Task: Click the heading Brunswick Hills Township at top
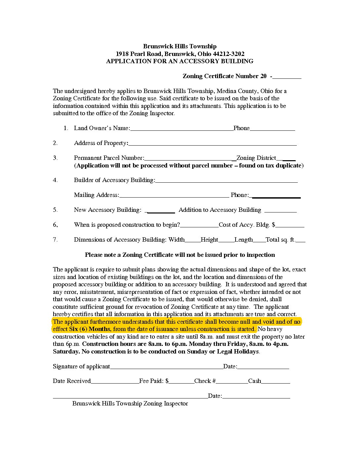pos(180,46)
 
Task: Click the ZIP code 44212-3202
pos(229,54)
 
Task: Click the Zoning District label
pos(256,158)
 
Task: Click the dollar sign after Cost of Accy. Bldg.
pos(274,225)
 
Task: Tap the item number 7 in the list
pos(55,239)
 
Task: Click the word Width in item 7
pos(177,240)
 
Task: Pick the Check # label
pos(205,381)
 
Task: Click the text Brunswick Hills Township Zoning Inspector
pos(130,403)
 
